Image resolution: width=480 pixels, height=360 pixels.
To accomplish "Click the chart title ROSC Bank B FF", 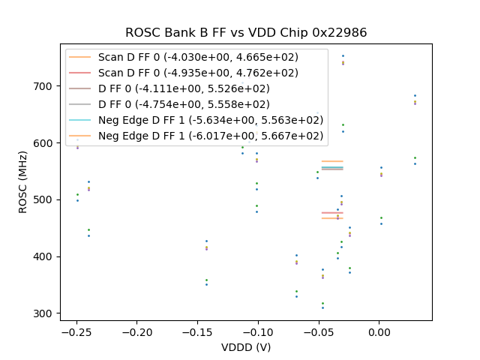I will [x=245, y=33].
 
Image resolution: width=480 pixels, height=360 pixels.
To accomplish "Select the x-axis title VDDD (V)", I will [x=246, y=347].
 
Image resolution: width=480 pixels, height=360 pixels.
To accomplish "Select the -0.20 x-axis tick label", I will [x=136, y=331].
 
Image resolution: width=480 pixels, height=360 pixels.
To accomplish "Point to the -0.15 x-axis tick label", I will [x=197, y=331].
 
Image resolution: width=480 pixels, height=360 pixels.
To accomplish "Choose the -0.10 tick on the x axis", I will [x=258, y=331].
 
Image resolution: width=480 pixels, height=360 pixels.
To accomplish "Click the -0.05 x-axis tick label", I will [x=319, y=331].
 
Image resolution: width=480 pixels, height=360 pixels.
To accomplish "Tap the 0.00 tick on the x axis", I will [x=379, y=331].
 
